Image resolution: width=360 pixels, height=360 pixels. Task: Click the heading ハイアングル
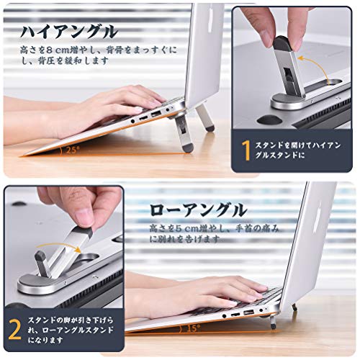pyautogui.click(x=69, y=32)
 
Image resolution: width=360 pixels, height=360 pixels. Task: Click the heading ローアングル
pyautogui.click(x=198, y=210)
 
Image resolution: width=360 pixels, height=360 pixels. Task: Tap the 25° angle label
pyautogui.click(x=72, y=150)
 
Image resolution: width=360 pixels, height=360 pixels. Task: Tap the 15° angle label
pyautogui.click(x=193, y=328)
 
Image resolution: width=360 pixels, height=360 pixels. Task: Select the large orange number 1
pyautogui.click(x=246, y=150)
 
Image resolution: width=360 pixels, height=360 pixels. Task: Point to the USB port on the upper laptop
pyautogui.click(x=156, y=114)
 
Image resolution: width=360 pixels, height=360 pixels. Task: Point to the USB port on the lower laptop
pyautogui.click(x=248, y=312)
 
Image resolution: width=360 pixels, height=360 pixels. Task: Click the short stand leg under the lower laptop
pyautogui.click(x=272, y=323)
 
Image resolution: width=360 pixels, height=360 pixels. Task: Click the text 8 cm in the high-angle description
pyautogui.click(x=58, y=50)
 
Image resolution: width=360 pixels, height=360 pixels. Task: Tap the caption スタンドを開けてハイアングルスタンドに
pyautogui.click(x=297, y=150)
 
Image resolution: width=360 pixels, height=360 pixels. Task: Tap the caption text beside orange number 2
pyautogui.click(x=71, y=330)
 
